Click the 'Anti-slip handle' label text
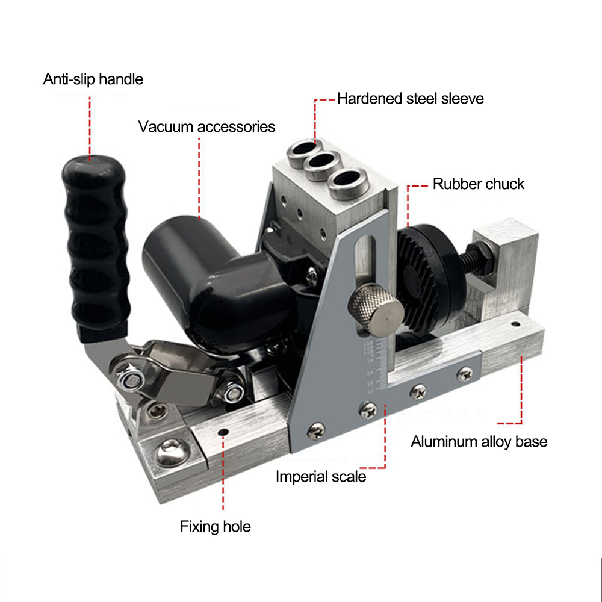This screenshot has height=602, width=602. click(93, 79)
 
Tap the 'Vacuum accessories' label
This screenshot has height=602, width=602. click(206, 126)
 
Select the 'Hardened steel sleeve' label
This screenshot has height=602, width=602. click(411, 99)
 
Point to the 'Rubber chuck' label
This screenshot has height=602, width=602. click(479, 184)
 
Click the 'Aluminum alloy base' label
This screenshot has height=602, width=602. click(479, 442)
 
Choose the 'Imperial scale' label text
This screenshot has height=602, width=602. click(321, 477)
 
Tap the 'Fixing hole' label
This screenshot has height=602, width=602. click(216, 526)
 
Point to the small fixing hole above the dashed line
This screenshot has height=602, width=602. click(223, 433)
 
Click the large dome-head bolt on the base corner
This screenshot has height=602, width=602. click(172, 453)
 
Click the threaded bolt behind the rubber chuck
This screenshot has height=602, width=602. click(476, 258)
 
